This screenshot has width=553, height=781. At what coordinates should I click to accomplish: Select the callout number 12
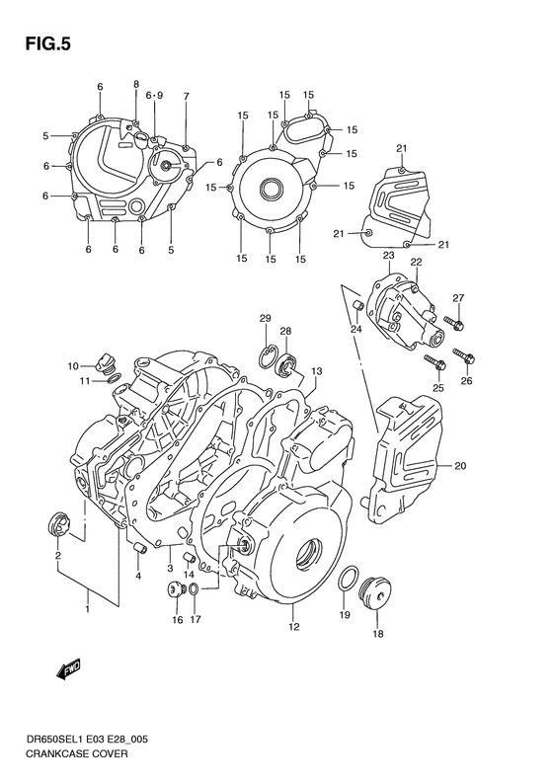[293, 626]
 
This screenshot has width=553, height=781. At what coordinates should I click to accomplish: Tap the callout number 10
[73, 366]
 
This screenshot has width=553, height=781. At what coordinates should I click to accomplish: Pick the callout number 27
[457, 298]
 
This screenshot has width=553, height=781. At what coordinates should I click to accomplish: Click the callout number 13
[317, 371]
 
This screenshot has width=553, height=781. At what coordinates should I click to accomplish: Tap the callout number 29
[265, 317]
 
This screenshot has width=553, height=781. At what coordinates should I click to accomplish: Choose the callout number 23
[389, 256]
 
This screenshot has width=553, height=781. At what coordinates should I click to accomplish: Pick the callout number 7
[186, 96]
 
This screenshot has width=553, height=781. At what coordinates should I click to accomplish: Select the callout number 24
[355, 330]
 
